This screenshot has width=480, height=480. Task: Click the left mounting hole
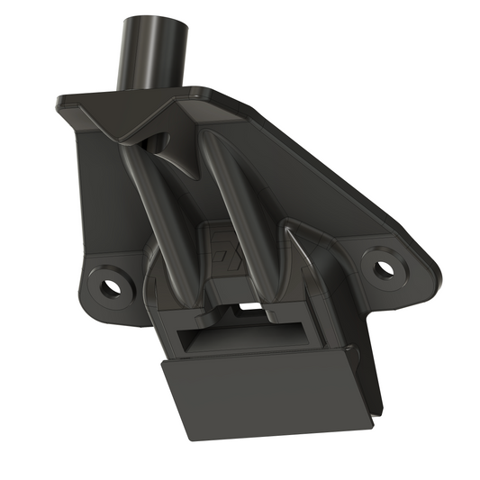(111, 287)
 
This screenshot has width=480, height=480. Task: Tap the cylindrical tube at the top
(153, 54)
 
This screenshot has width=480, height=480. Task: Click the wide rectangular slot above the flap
(239, 340)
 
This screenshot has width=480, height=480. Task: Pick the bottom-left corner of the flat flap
(192, 439)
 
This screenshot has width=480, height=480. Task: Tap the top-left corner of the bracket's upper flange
(61, 101)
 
